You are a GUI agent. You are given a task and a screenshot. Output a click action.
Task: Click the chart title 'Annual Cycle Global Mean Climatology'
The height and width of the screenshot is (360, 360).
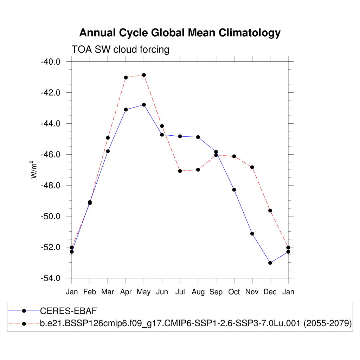180,33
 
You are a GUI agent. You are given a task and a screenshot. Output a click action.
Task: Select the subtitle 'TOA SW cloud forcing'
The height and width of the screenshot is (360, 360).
120,50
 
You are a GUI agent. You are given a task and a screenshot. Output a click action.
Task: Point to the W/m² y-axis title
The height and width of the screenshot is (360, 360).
34,169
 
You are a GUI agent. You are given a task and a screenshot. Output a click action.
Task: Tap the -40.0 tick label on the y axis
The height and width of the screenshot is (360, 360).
51,62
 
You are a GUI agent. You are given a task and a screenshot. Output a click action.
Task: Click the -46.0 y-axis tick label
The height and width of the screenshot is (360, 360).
51,154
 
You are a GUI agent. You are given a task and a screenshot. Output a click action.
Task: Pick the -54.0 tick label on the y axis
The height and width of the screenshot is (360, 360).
51,278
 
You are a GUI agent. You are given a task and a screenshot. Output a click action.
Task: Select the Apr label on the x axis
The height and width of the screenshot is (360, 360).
126,292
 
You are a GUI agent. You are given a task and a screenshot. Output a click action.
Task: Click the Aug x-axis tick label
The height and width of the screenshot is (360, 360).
198,292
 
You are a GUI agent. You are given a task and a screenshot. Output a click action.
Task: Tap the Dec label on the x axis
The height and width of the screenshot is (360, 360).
270,292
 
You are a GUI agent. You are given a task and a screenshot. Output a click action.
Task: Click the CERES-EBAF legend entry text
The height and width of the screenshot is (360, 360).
68,311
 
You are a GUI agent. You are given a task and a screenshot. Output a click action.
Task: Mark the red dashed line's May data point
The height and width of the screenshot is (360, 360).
144,75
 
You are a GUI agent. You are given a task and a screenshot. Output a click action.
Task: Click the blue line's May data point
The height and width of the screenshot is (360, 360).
144,105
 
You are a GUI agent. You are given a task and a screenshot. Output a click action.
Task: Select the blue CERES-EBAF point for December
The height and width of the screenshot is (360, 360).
270,263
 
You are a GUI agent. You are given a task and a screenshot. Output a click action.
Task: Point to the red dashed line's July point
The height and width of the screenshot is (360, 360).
180,171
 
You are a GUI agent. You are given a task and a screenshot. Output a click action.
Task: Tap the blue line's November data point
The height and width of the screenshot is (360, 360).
252,233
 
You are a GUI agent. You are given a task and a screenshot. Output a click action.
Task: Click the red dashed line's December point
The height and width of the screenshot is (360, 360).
270,211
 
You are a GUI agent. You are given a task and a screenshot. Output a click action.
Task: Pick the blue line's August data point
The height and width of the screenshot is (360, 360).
198,137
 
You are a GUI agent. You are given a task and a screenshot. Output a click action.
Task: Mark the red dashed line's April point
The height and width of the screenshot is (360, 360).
126,77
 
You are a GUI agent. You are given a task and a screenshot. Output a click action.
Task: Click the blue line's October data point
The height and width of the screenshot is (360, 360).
234,190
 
